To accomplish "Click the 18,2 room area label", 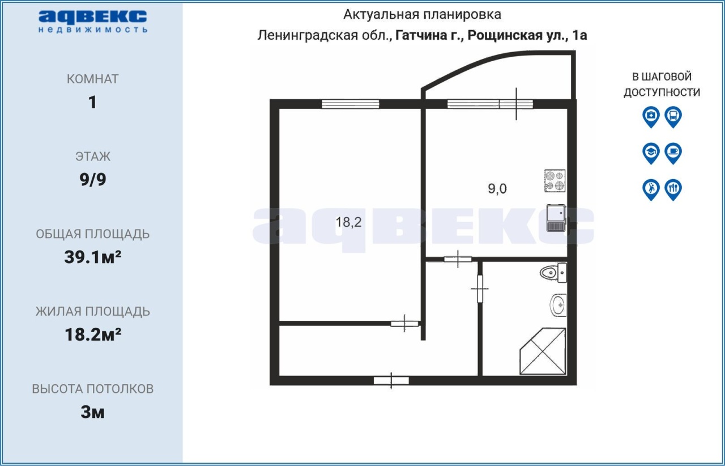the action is pos(348,222).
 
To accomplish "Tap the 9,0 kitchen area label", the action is pos(497,189).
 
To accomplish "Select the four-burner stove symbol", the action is pos(555,181).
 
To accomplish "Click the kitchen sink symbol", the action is pos(556,218).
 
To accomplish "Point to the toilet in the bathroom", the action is pos(553,273).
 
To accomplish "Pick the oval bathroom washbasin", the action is pos(558,305).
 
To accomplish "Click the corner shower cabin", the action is pos(543,351).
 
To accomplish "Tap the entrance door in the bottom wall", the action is pos(391,380).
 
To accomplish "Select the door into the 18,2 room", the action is pos(404,323).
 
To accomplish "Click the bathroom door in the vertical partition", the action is pos(480,289).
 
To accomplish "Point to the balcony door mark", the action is pos(516,104).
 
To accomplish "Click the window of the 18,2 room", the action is pos(350,104).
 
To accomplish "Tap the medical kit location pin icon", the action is pos(651,117).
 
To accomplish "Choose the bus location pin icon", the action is pos(673,117).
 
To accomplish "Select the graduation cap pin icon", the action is pos(651,153).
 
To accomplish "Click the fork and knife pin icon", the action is pos(673,189).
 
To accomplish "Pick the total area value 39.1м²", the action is pos(92,257).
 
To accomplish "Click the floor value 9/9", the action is pos(93,180).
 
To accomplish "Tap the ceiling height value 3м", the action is pos(92,413).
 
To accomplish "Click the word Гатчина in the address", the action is pos(421,35).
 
